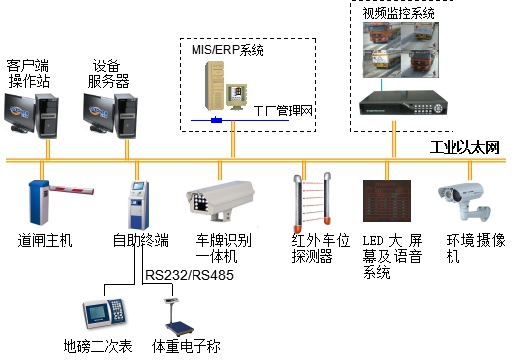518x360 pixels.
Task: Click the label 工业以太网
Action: [x=463, y=148]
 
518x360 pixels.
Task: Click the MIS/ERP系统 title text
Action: [x=221, y=48]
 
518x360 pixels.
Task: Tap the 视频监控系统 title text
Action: [x=400, y=13]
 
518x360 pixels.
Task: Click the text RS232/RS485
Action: [x=190, y=273]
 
